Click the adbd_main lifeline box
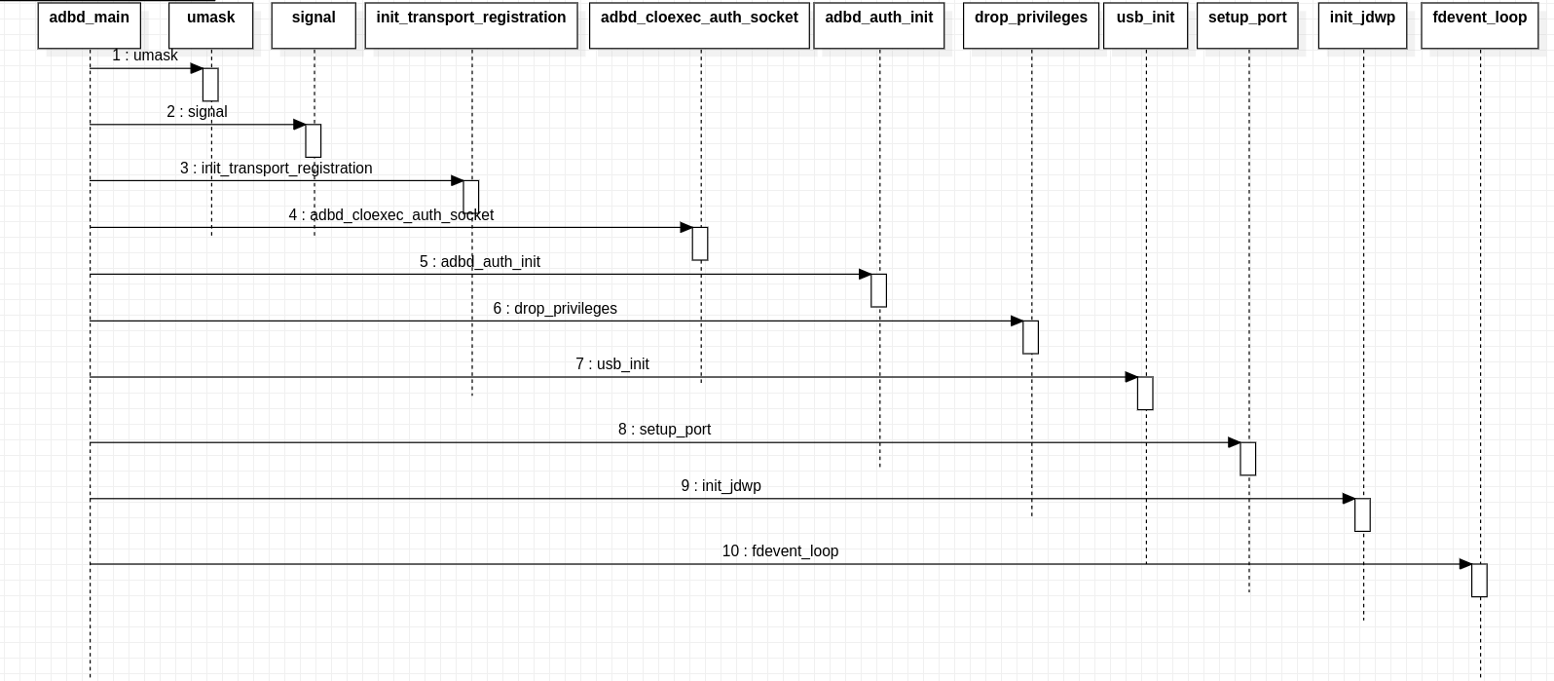click(90, 25)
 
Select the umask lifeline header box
click(211, 25)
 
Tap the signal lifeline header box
click(314, 25)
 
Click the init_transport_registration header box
click(471, 25)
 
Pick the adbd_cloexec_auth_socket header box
click(699, 25)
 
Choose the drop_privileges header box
click(1031, 25)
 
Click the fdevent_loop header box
click(1479, 25)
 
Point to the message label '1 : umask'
click(145, 56)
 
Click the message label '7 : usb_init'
click(612, 364)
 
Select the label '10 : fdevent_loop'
click(780, 551)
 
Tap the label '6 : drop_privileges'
click(555, 309)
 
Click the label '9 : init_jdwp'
click(721, 486)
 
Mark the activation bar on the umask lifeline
click(210, 85)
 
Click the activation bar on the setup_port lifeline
click(1247, 459)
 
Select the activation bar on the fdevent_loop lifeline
click(1479, 581)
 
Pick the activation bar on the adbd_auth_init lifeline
click(878, 290)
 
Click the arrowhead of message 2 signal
click(300, 125)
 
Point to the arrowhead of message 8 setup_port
click(1234, 442)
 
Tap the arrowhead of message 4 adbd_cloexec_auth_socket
click(685, 228)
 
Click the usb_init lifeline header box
click(1145, 25)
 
